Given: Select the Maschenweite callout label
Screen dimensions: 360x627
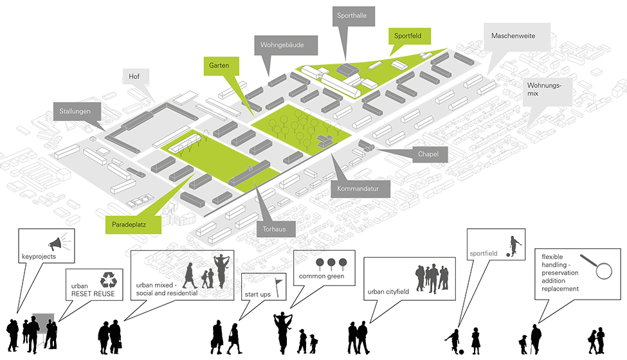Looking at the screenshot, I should coord(513,36).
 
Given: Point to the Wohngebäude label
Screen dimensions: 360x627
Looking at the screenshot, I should coord(282,46).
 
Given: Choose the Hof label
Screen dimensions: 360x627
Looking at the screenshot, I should coord(134,76).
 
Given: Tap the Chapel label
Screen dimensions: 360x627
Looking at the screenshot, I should coord(428,154).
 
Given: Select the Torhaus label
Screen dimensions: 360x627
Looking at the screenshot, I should coord(275,228).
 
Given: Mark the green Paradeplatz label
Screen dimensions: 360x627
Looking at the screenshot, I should coord(131,225).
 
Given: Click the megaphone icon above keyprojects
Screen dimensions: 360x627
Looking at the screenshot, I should coord(57,244).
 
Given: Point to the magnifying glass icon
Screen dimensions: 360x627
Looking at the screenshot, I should coord(596,267).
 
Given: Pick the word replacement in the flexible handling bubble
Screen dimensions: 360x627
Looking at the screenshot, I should coord(561,289).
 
